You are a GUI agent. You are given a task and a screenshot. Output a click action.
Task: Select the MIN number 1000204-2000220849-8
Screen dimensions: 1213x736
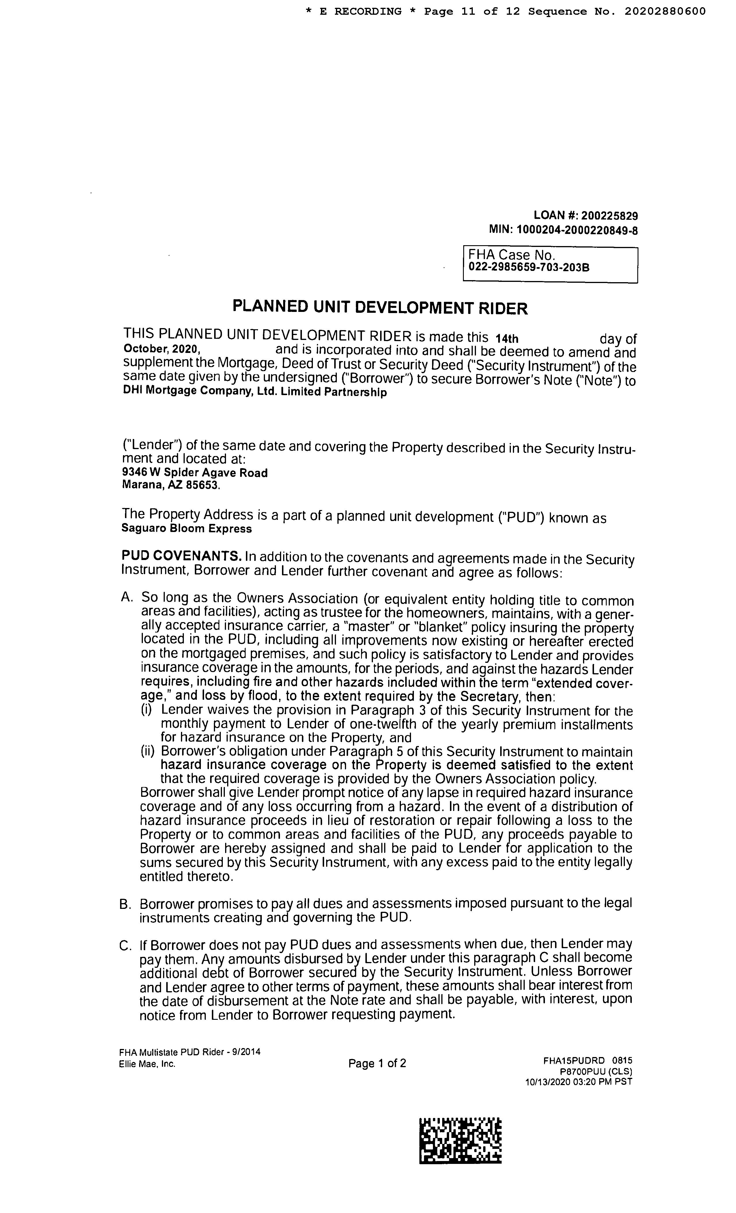click(x=577, y=230)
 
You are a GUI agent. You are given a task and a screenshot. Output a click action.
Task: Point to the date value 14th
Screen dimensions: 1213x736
click(x=507, y=339)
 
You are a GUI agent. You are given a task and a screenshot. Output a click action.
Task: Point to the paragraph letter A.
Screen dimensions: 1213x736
click(x=127, y=598)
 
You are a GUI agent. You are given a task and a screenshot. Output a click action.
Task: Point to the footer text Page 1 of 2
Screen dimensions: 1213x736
click(x=377, y=1063)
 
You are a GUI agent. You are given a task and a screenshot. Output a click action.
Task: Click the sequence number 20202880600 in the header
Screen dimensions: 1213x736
click(x=665, y=11)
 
